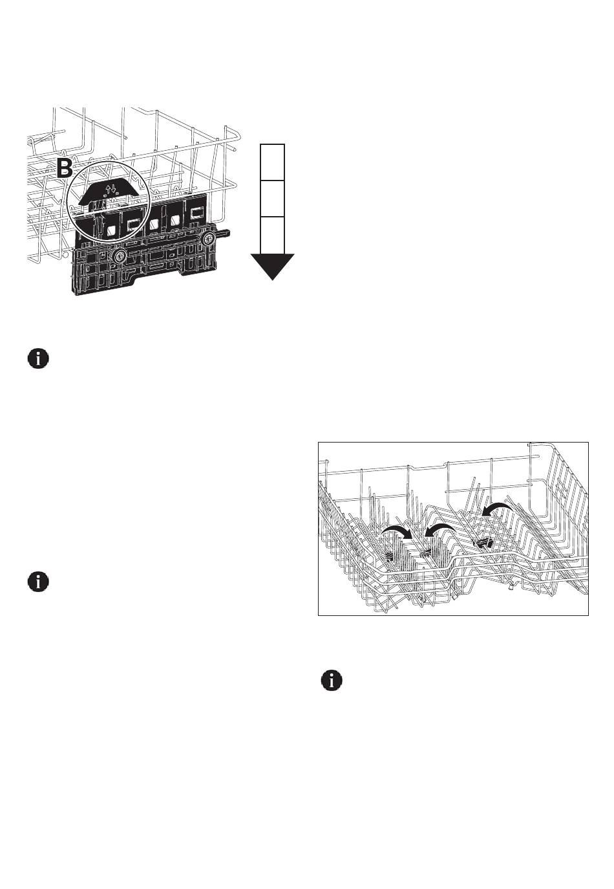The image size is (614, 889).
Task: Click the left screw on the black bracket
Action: click(118, 257)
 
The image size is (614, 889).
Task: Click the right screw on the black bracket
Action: click(208, 239)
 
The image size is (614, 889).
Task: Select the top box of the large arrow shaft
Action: click(272, 162)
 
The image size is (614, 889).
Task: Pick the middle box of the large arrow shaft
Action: click(272, 198)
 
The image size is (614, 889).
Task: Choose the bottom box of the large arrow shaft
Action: click(272, 234)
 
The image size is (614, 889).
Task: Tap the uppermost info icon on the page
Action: click(38, 359)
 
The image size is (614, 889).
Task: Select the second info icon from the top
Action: click(38, 581)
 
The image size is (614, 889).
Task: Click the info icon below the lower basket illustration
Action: click(332, 681)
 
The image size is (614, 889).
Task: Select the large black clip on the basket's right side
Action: click(483, 542)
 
